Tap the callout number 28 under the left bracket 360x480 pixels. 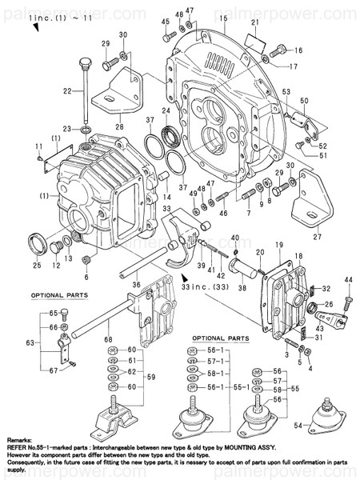tap(119, 126)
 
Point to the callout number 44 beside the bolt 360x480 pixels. tap(348, 278)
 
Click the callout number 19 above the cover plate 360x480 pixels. tap(279, 243)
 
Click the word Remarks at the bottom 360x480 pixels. tap(19, 441)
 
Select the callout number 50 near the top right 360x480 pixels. tap(304, 102)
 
